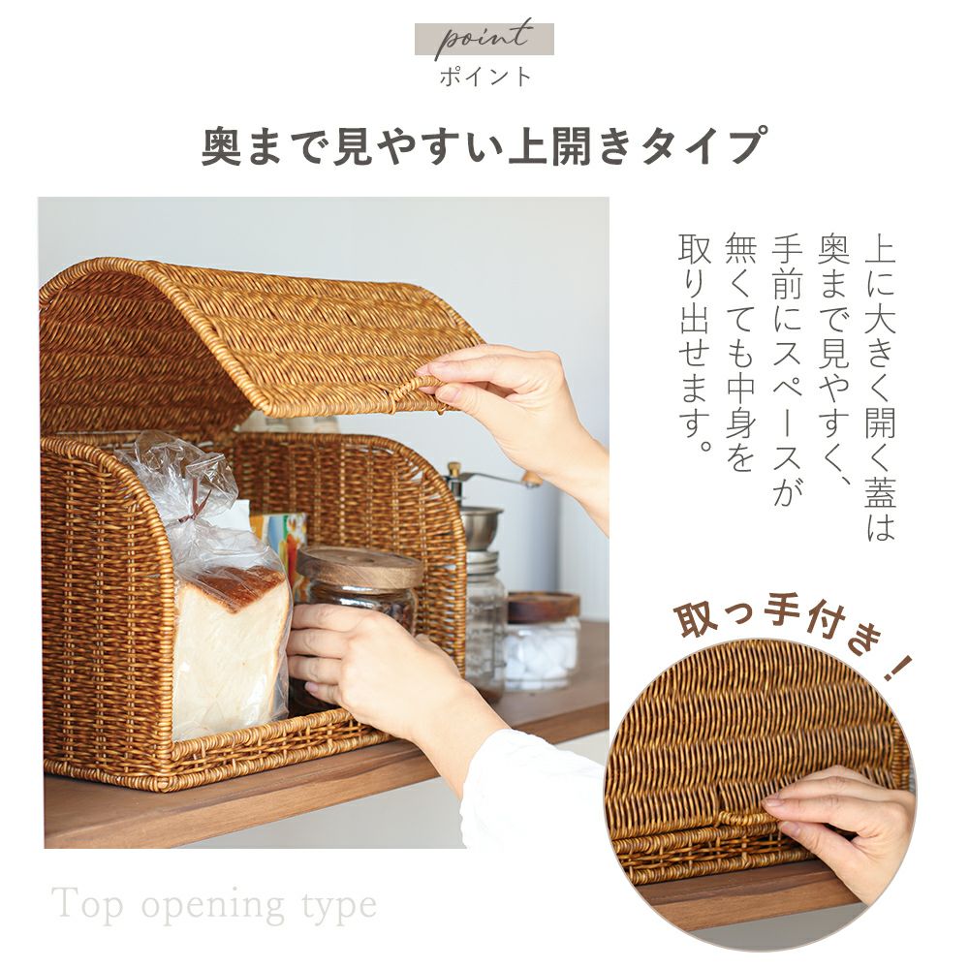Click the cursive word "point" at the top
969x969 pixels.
pyautogui.click(x=484, y=39)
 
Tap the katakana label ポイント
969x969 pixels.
pyautogui.click(x=485, y=78)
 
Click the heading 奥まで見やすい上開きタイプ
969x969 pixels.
pyautogui.click(x=484, y=145)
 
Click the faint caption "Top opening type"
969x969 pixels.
pyautogui.click(x=214, y=905)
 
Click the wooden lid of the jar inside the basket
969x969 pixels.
pyautogui.click(x=359, y=566)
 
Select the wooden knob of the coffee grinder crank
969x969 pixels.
pyautogui.click(x=531, y=477)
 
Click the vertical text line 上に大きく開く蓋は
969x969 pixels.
pyautogui.click(x=880, y=387)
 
